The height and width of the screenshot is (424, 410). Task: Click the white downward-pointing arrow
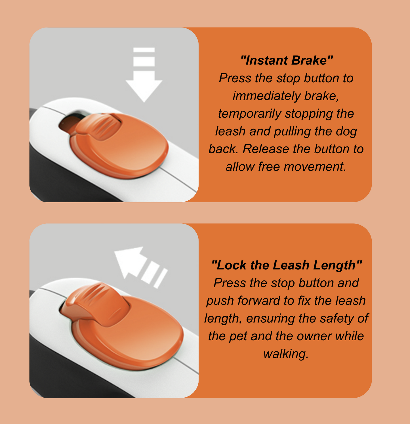[x=144, y=75]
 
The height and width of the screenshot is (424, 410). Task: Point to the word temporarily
[x=249, y=114]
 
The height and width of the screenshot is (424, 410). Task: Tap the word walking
[x=286, y=354]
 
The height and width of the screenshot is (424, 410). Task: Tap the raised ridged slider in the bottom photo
[x=95, y=304]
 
